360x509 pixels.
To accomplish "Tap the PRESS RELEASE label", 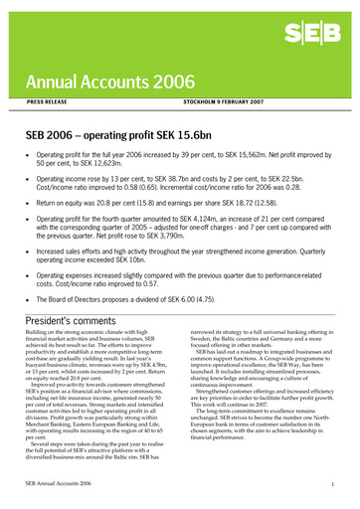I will pyautogui.click(x=49, y=101).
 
